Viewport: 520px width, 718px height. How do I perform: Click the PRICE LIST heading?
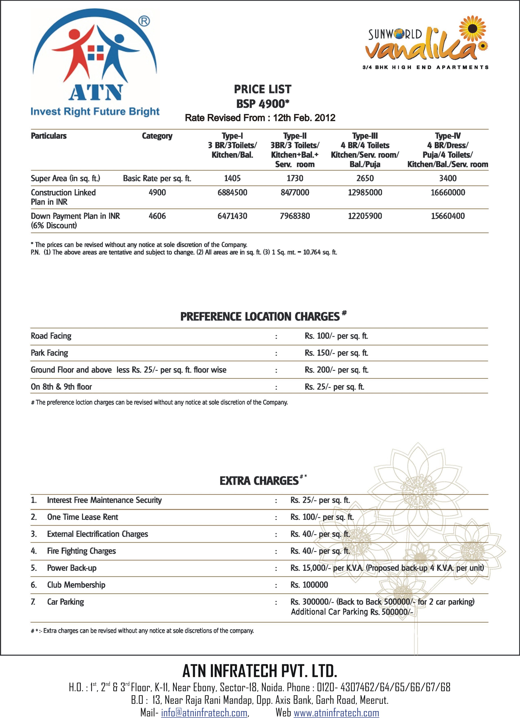[x=262, y=89]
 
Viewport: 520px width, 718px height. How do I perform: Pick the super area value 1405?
[x=232, y=178]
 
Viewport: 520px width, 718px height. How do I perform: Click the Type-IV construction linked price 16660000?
[x=448, y=192]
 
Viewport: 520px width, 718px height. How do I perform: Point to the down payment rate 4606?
[x=157, y=216]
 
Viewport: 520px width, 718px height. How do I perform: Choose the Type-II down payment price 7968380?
[x=295, y=216]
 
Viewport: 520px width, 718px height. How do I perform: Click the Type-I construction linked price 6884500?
[x=232, y=192]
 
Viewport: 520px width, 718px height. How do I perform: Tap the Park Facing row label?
[x=49, y=353]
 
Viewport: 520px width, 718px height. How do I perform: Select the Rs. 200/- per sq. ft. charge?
[x=336, y=370]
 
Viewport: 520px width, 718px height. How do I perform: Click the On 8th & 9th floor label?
[x=61, y=387]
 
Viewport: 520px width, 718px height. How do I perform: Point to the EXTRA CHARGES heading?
[x=259, y=481]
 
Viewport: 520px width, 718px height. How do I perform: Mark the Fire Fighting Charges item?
[x=81, y=551]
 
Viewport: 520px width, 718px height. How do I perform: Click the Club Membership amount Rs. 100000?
[x=309, y=585]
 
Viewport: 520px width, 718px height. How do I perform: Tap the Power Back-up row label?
[x=72, y=568]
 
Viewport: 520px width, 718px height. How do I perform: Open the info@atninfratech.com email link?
[x=204, y=713]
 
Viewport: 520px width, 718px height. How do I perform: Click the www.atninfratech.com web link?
[x=336, y=713]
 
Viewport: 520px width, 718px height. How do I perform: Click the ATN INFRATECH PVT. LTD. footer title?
[x=259, y=671]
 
